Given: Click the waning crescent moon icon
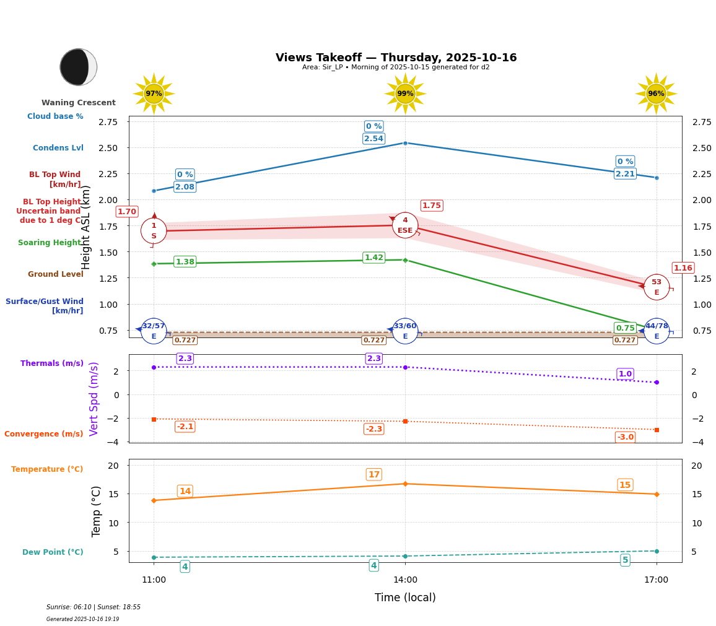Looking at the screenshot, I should click(78, 67).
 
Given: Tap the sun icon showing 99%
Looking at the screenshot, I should click(405, 93).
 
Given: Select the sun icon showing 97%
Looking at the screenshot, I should click(154, 93).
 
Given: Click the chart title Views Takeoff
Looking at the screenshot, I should click(396, 58).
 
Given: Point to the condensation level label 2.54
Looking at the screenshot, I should click(373, 139).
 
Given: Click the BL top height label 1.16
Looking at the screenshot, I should click(683, 268).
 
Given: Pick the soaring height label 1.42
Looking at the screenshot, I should click(373, 258).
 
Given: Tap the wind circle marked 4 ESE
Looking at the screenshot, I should click(405, 225).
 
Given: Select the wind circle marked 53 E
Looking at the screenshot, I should click(657, 287).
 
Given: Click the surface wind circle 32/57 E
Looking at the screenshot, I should click(154, 331).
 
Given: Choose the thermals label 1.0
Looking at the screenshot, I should click(625, 374).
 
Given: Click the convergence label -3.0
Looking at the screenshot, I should click(625, 437).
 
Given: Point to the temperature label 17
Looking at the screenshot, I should click(373, 475).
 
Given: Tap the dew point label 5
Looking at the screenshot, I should click(625, 560).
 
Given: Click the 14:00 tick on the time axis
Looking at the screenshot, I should click(405, 580).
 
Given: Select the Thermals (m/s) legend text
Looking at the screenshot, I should click(52, 363).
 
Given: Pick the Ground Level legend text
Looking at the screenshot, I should click(56, 274).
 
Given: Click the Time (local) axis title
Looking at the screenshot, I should click(405, 598).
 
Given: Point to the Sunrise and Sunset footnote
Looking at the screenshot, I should click(94, 607).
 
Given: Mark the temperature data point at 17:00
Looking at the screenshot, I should click(657, 494).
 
